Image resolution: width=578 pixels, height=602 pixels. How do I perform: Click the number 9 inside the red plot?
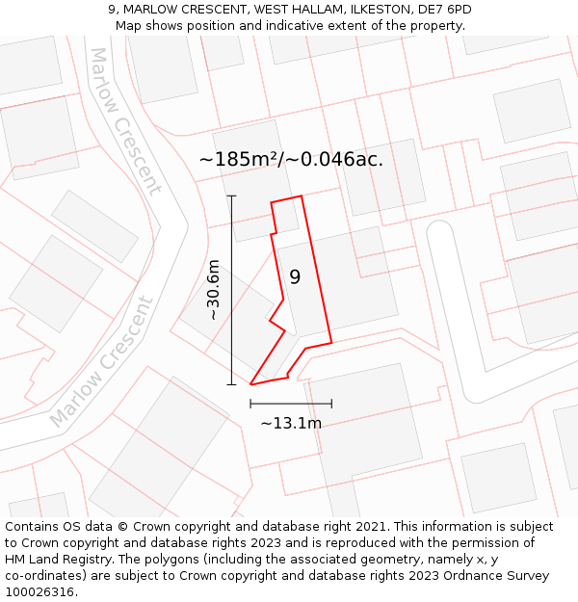(295, 277)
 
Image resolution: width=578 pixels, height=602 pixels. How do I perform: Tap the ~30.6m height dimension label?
(214, 290)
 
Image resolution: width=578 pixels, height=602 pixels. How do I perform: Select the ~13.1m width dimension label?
(291, 423)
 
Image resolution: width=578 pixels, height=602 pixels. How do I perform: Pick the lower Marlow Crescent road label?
(101, 362)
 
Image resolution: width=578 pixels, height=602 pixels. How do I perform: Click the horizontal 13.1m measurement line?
(291, 404)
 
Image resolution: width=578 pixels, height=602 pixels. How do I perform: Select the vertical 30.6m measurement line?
(231, 290)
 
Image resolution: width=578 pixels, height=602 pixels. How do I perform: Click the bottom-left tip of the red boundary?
(251, 384)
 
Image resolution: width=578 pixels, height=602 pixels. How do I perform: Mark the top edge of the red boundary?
(286, 199)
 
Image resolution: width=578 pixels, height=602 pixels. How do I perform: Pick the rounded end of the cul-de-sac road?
(439, 231)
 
